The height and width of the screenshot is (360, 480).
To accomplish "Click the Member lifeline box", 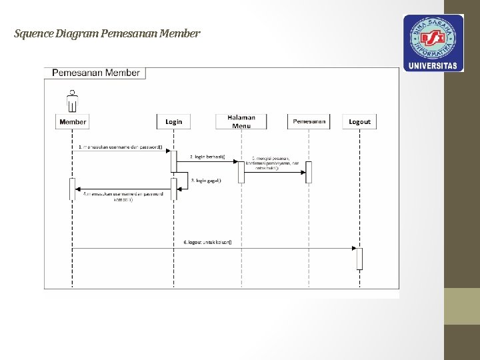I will pyautogui.click(x=73, y=121).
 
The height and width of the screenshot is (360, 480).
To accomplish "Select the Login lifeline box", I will pyautogui.click(x=173, y=121).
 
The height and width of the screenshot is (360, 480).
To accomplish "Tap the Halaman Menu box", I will pyautogui.click(x=241, y=121).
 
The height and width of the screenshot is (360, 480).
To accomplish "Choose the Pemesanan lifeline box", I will pyautogui.click(x=309, y=121).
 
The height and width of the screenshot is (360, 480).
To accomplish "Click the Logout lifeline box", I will pyautogui.click(x=359, y=121).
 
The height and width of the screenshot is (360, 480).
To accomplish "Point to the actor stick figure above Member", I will pyautogui.click(x=72, y=101).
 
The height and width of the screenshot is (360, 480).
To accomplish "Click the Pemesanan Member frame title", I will pyautogui.click(x=95, y=73).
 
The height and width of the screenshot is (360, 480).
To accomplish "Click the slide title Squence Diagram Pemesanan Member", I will pyautogui.click(x=107, y=33).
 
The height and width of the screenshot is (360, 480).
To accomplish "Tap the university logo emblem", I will pyautogui.click(x=433, y=37).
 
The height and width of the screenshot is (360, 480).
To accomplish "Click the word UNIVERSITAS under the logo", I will pyautogui.click(x=433, y=65).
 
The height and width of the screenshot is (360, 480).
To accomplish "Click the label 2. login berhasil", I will pyautogui.click(x=207, y=157).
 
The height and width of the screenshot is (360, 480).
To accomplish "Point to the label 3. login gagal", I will pyautogui.click(x=207, y=180).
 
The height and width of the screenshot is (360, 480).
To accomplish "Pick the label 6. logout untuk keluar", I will pyautogui.click(x=208, y=242).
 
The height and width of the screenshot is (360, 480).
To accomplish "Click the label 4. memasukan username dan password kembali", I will pyautogui.click(x=123, y=197).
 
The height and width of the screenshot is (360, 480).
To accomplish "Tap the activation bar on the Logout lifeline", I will pyautogui.click(x=359, y=258).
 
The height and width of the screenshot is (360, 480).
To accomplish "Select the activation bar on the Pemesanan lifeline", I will pyautogui.click(x=309, y=172).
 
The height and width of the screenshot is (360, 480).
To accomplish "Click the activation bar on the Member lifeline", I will pyautogui.click(x=72, y=189).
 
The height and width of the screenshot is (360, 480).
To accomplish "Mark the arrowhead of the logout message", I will pyautogui.click(x=355, y=248).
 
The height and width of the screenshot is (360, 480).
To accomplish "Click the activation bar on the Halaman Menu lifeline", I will pyautogui.click(x=241, y=172).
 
